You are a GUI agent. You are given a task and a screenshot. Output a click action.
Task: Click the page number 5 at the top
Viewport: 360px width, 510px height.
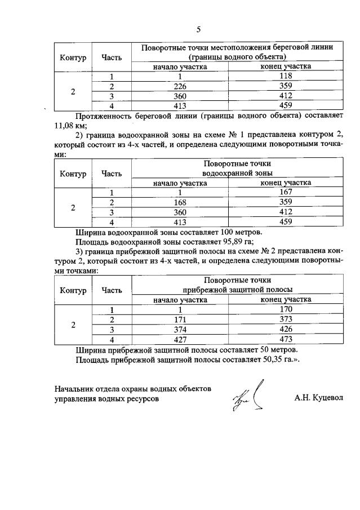click(198, 29)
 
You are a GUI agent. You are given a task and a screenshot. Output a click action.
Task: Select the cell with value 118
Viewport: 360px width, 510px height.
click(286, 77)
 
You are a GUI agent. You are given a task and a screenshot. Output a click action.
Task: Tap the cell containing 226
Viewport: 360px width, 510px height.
click(180, 86)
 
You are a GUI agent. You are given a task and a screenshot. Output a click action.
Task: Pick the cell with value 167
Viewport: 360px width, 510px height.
click(286, 192)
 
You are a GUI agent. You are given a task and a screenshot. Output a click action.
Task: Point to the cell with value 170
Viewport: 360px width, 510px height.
click(286, 309)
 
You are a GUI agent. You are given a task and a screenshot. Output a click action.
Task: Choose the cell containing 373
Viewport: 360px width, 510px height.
click(286, 319)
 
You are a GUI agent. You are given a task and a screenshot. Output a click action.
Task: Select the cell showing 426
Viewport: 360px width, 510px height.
click(286, 329)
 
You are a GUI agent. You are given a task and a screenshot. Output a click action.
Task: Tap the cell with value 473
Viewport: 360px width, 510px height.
click(286, 339)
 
